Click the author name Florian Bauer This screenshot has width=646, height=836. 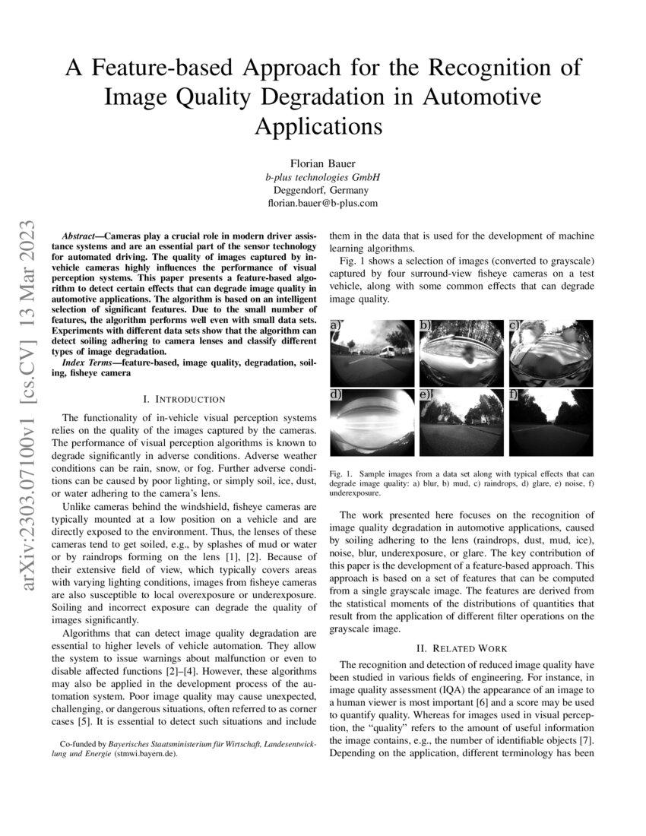pyautogui.click(x=322, y=163)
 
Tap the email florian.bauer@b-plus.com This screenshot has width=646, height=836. pyautogui.click(x=322, y=204)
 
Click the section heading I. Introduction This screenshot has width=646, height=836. pyautogui.click(x=185, y=399)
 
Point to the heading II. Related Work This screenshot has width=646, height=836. pyautogui.click(x=461, y=648)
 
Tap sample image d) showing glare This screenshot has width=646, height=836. pyautogui.click(x=372, y=423)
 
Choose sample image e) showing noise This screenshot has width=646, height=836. pyautogui.click(x=461, y=423)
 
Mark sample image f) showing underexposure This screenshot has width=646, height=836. pyautogui.click(x=551, y=423)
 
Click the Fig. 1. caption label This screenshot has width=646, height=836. pyautogui.click(x=341, y=474)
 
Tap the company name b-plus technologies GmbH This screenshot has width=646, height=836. pyautogui.click(x=322, y=177)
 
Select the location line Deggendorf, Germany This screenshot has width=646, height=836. pyautogui.click(x=322, y=191)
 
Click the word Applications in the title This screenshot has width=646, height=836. pyautogui.click(x=318, y=125)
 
